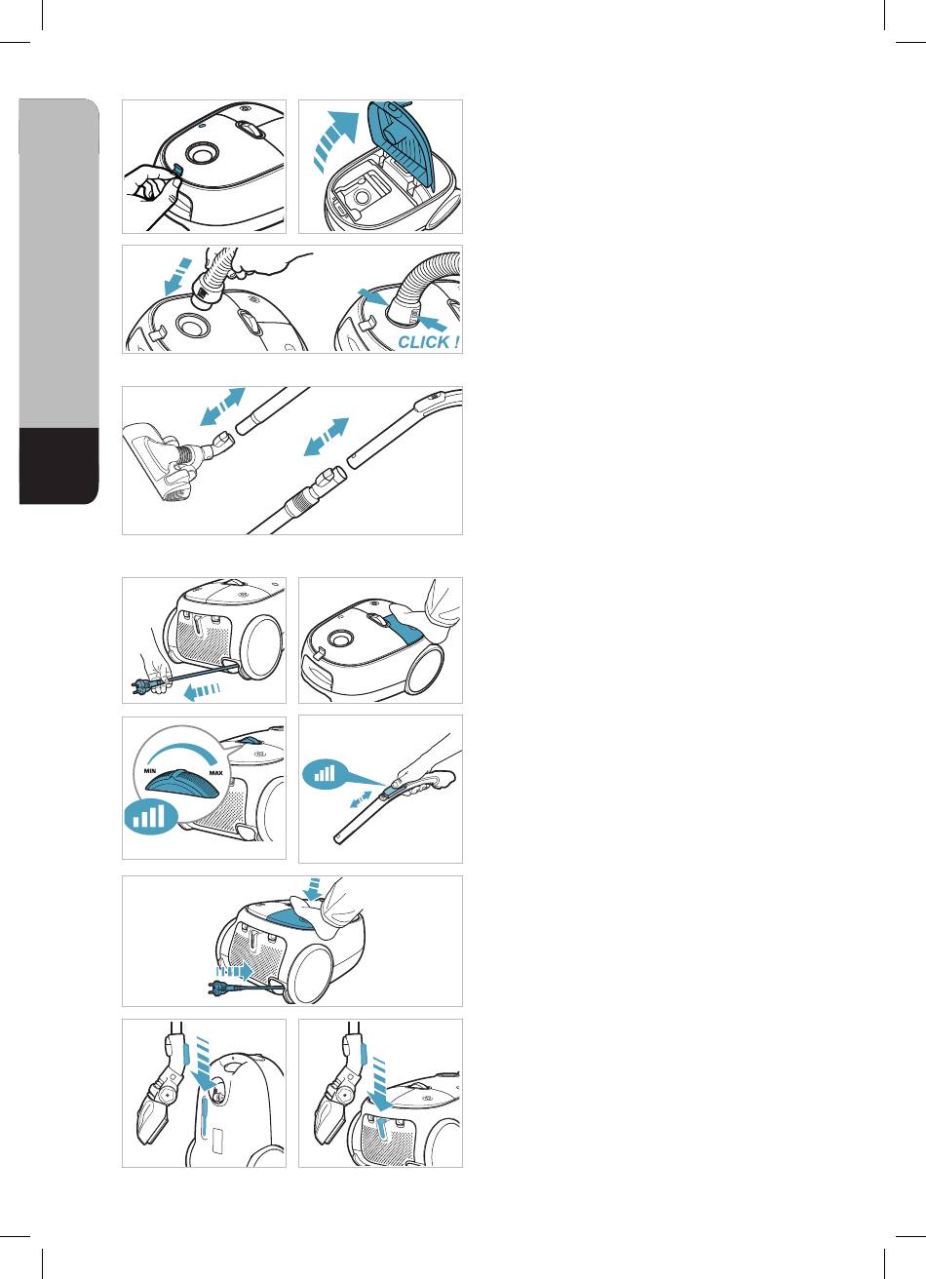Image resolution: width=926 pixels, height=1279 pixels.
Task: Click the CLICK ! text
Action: click(x=428, y=342)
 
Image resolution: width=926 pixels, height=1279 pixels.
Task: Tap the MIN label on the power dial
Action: click(x=150, y=771)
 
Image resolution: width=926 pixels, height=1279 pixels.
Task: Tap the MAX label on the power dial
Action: click(x=215, y=773)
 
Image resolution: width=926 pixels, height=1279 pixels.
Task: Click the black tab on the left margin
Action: click(x=58, y=465)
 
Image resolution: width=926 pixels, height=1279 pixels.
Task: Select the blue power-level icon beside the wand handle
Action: click(x=324, y=774)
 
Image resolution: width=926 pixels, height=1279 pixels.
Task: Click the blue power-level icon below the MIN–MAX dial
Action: click(x=150, y=817)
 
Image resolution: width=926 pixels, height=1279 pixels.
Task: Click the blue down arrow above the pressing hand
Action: click(x=312, y=889)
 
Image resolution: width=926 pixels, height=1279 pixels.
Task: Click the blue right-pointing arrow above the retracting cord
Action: click(x=234, y=971)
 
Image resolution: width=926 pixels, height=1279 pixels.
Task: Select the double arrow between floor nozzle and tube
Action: click(x=222, y=407)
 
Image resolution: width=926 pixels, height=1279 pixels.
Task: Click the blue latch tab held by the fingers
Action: click(x=176, y=171)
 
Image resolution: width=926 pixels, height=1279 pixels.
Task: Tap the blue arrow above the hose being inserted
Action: click(x=177, y=276)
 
